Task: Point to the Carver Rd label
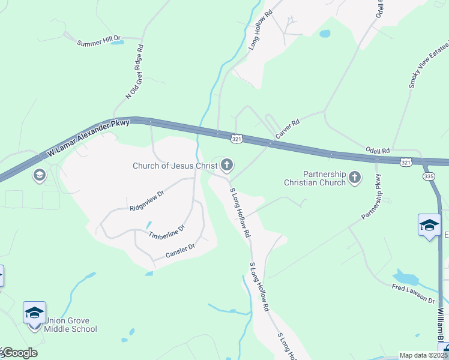point(287,129)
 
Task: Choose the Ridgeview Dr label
point(146,202)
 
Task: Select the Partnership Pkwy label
point(372,196)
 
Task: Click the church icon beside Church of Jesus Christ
point(227,164)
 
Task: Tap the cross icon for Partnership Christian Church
point(355,177)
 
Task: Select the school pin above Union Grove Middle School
point(35,313)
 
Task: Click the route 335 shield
point(428,176)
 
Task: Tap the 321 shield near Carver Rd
point(237,139)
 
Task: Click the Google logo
point(20,353)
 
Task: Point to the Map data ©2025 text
point(423,355)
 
